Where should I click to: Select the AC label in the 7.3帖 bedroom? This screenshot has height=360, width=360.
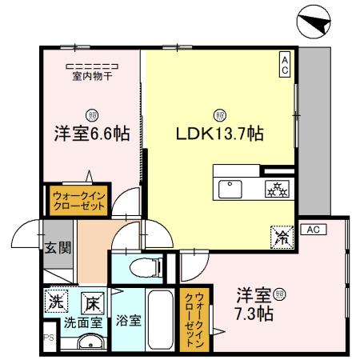[314, 230]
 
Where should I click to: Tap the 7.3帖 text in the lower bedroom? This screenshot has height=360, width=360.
[254, 314]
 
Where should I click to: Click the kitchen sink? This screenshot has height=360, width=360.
[231, 189]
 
